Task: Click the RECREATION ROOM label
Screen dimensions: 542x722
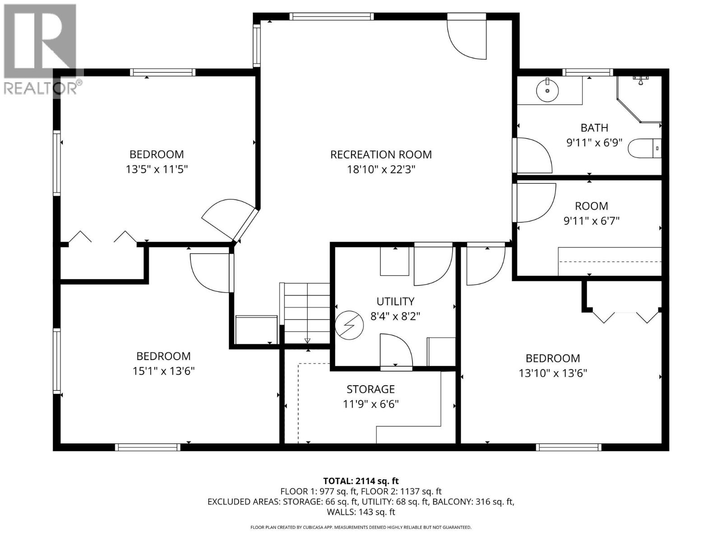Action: click(x=381, y=154)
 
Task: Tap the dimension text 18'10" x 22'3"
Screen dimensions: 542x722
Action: click(x=381, y=170)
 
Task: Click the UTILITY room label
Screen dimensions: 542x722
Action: click(x=395, y=301)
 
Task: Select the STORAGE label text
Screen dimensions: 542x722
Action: click(x=370, y=389)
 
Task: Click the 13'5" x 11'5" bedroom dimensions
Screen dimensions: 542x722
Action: click(x=157, y=170)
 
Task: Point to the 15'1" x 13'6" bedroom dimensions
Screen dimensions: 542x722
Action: click(x=163, y=371)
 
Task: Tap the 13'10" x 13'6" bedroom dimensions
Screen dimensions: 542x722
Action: click(x=553, y=374)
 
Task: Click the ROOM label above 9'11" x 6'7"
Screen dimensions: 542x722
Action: click(x=591, y=206)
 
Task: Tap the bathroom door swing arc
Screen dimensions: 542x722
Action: click(x=534, y=155)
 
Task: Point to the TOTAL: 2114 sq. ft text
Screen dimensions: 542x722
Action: click(x=361, y=481)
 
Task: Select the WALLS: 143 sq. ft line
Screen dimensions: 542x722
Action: click(x=361, y=512)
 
